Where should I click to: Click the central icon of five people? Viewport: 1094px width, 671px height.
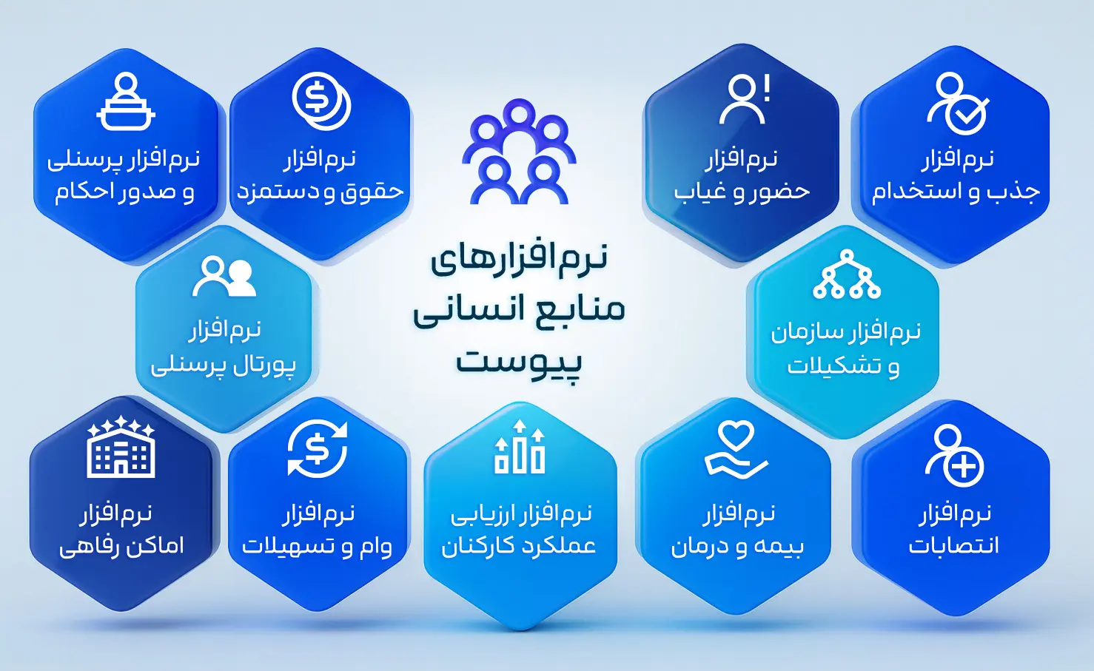pos(519,152)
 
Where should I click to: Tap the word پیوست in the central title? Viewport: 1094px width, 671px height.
pos(519,362)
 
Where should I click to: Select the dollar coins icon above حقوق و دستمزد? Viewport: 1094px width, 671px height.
pos(321,101)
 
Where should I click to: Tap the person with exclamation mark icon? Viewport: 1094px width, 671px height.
pos(744,99)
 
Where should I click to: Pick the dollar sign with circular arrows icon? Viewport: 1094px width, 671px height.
pos(317,448)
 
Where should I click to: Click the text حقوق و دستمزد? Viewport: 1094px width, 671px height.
pos(320,192)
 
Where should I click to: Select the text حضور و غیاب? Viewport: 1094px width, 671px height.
pos(742,192)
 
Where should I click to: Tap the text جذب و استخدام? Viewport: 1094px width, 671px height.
pos(956,192)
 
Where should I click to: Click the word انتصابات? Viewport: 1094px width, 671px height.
pos(954,546)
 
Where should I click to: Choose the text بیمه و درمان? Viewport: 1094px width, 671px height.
pos(737,546)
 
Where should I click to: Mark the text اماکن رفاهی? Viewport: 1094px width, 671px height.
pos(121,546)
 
